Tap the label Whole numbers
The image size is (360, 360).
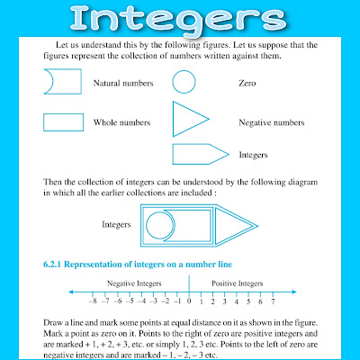(121, 122)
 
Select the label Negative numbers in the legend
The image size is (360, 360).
(269, 122)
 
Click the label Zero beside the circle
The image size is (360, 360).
(248, 84)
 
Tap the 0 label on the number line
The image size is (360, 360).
(189, 301)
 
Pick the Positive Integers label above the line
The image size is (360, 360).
(237, 283)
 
